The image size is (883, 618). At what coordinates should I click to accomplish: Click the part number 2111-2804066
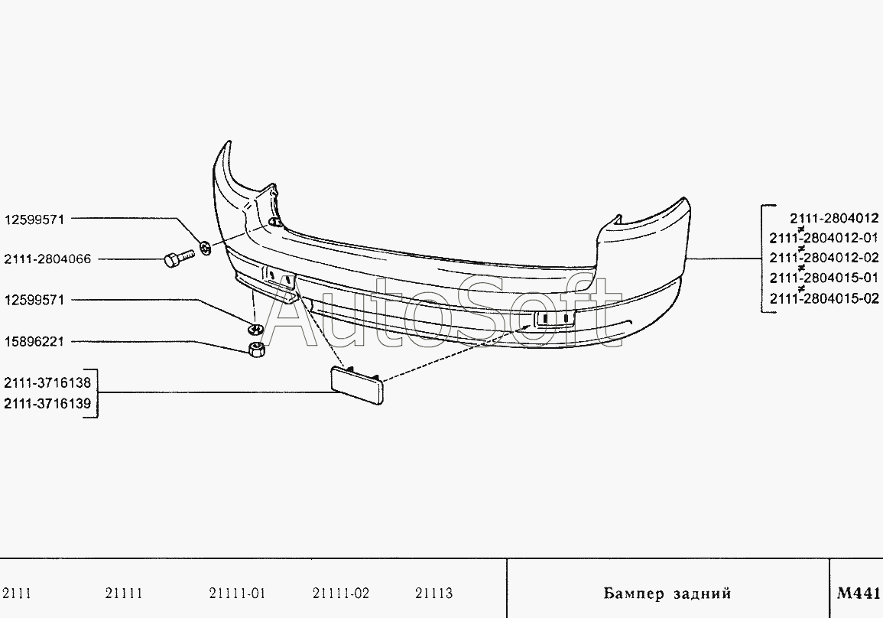click(47, 259)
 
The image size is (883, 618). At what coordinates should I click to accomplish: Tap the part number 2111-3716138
click(47, 382)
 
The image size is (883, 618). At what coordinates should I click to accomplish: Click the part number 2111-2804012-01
click(824, 238)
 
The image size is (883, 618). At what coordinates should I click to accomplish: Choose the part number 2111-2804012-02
click(824, 258)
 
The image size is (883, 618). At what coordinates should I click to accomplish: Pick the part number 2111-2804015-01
click(824, 278)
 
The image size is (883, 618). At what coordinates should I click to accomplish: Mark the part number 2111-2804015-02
click(824, 298)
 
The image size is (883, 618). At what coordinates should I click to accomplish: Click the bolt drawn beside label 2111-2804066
click(175, 259)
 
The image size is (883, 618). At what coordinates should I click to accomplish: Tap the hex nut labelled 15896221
click(256, 352)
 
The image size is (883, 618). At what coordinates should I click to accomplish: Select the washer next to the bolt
click(205, 247)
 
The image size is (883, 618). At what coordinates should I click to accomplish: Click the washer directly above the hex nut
click(255, 329)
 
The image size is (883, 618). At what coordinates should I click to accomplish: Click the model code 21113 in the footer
click(433, 594)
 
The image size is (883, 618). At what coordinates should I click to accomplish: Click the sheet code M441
click(859, 593)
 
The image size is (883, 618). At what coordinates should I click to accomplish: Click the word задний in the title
click(703, 594)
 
